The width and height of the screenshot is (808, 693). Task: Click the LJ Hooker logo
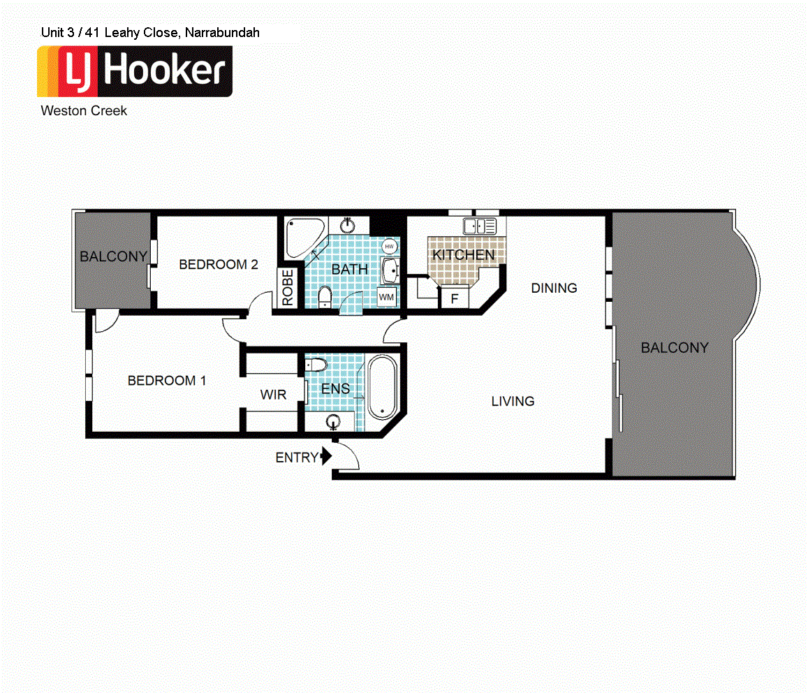135,71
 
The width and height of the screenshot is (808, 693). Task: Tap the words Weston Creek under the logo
84,110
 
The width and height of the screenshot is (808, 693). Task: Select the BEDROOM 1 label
167,381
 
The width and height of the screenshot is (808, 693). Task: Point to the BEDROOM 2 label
219,265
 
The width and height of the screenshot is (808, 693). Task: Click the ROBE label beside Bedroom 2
288,287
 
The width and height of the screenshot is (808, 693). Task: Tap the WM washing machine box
387,297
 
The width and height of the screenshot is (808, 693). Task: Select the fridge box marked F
454,299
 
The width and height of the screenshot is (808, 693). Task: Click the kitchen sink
480,226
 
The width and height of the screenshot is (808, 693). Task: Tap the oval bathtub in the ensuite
382,387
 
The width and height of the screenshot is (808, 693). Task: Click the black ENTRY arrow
325,458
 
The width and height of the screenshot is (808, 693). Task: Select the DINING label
554,288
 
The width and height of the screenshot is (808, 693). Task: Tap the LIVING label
513,402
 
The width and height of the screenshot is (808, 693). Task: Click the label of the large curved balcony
675,348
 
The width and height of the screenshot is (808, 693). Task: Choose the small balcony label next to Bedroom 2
113,256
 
